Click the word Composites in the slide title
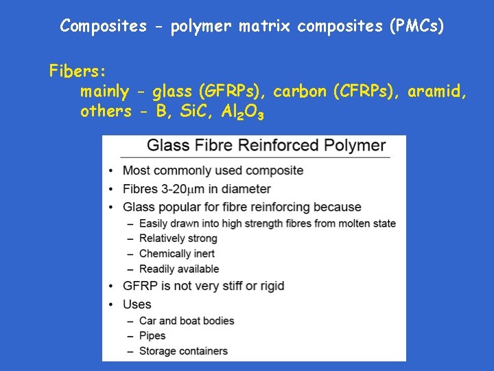click(x=103, y=27)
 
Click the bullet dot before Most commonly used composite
click(x=111, y=171)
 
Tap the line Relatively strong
click(x=178, y=238)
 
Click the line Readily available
click(x=178, y=269)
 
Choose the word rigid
click(x=270, y=286)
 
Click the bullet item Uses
click(x=137, y=304)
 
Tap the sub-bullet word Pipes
click(x=152, y=336)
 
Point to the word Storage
click(x=157, y=351)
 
